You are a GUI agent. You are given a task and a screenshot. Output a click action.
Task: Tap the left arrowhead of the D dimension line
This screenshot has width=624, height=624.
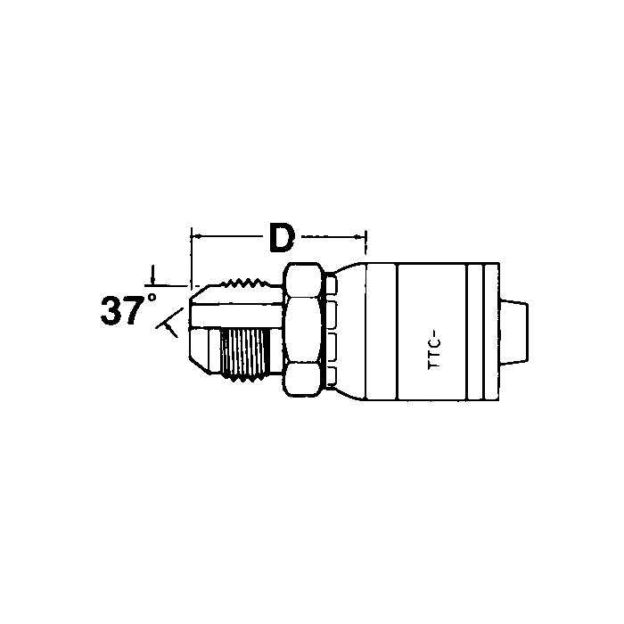click(197, 236)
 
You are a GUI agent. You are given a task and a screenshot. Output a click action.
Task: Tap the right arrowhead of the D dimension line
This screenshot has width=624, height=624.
click(360, 236)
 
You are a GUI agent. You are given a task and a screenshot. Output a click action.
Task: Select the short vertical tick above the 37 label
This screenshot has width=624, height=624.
click(153, 273)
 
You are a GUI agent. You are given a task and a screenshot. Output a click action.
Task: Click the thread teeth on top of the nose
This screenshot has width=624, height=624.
click(246, 285)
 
